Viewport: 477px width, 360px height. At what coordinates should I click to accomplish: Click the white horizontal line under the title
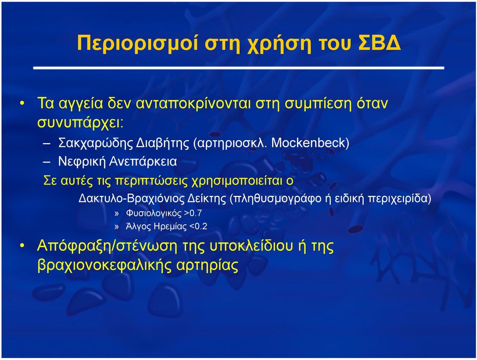click(238, 68)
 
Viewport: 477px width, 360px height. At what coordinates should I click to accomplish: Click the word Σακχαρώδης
click(95, 143)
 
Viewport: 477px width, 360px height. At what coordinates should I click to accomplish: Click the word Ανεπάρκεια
click(143, 161)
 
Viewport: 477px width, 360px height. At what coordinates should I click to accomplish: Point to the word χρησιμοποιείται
click(237, 181)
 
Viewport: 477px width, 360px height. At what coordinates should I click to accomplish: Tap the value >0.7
click(193, 213)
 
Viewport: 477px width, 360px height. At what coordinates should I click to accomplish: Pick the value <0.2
click(198, 226)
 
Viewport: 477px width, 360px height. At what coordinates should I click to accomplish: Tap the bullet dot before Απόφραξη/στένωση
click(22, 245)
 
